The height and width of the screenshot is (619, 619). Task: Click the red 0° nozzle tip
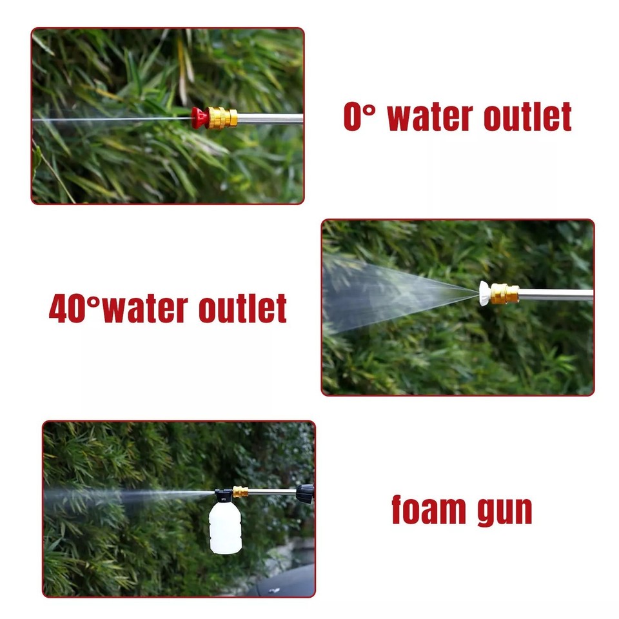pos(199,117)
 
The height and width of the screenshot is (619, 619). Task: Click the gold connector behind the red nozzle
pos(221,118)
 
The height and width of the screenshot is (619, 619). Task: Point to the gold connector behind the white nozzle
pos(504,294)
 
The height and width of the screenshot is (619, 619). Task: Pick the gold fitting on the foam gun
pos(241,492)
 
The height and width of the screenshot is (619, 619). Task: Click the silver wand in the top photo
pos(270,119)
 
